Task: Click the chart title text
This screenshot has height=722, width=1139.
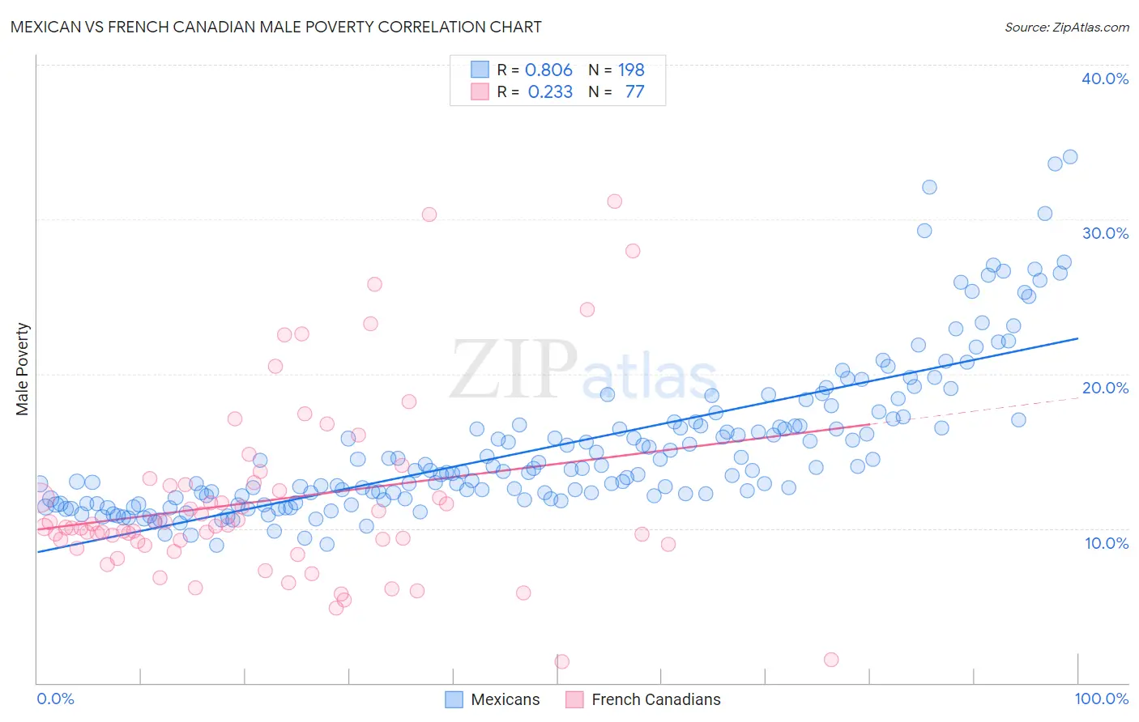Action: tap(275, 27)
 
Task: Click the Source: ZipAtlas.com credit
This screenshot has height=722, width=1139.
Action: tap(1066, 28)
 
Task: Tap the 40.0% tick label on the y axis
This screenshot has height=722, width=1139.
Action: tap(1105, 79)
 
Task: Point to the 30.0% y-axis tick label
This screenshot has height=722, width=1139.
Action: tap(1105, 233)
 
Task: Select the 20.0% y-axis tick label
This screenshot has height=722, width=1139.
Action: tap(1105, 388)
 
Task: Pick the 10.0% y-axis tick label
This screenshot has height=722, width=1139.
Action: tap(1107, 543)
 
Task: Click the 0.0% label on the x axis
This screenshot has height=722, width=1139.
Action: tap(55, 699)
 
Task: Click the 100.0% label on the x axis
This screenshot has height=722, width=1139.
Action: tap(1101, 699)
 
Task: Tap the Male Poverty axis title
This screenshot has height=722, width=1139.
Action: tap(23, 369)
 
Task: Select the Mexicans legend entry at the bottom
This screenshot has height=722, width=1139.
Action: tap(493, 699)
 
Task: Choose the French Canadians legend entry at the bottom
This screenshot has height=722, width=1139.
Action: tap(643, 699)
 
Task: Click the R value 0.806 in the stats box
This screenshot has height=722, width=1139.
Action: tap(548, 70)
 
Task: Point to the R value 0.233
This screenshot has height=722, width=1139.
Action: tap(550, 92)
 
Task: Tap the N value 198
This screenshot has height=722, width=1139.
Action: tap(631, 70)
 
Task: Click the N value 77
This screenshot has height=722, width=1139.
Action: tap(634, 92)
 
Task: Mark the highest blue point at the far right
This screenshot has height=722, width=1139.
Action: tap(1070, 157)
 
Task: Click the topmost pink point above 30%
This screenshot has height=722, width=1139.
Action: tap(615, 202)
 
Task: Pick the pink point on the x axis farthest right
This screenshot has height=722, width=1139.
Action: tap(831, 660)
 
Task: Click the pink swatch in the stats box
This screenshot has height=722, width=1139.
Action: tap(480, 91)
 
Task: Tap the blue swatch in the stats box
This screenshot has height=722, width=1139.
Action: tap(480, 70)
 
